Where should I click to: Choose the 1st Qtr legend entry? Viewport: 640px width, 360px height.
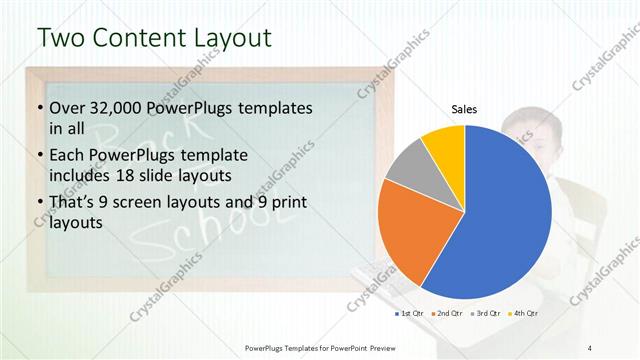tap(407, 315)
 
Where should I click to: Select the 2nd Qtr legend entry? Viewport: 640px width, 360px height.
tap(446, 315)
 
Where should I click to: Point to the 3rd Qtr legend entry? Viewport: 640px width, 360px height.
tap(486, 315)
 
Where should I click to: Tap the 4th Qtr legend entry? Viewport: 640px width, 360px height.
tap(524, 315)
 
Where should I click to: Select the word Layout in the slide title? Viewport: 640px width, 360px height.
tap(231, 38)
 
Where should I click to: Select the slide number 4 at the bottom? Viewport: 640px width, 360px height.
tap(590, 346)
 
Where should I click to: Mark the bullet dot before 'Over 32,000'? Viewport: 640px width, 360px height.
tap(39, 108)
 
